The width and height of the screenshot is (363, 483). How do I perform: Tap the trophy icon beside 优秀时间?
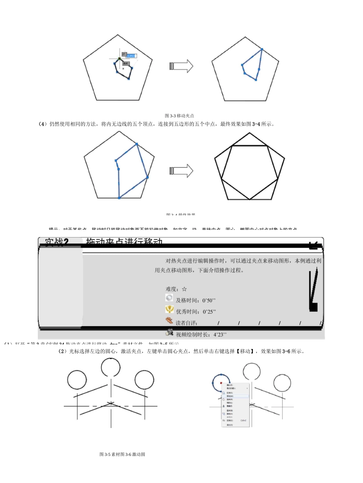click(x=169, y=310)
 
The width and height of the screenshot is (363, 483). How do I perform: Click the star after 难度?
click(x=185, y=289)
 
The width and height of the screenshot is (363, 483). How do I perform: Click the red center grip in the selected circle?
click(x=221, y=383)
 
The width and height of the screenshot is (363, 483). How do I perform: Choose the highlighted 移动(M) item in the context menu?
click(x=231, y=396)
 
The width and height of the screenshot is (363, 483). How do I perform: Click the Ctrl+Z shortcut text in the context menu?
click(x=243, y=420)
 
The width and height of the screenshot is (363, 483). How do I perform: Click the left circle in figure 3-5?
click(x=77, y=380)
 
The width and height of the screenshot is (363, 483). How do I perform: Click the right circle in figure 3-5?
click(x=144, y=380)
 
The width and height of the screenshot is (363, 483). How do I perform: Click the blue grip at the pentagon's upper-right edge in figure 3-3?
click(x=262, y=49)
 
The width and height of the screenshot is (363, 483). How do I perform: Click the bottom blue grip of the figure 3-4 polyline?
click(x=119, y=198)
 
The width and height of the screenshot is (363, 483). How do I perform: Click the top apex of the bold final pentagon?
click(x=249, y=133)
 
